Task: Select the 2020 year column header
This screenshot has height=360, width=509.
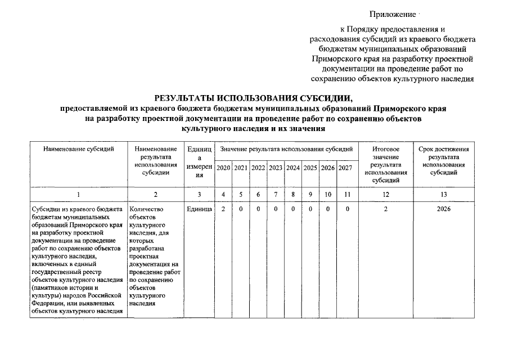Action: [223, 168]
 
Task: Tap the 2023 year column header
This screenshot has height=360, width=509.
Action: [276, 168]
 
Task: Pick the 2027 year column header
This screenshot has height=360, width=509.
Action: [345, 168]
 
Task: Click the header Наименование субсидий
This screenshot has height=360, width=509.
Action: [78, 149]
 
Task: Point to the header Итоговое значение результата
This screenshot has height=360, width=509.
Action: [385, 164]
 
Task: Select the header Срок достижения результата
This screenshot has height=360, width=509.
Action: [444, 160]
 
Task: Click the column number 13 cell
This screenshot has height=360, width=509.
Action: [444, 195]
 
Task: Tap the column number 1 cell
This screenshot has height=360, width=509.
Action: [78, 195]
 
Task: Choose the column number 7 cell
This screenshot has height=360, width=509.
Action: [276, 195]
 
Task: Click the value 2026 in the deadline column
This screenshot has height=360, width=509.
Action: [444, 210]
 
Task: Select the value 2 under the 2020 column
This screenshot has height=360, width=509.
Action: [223, 210]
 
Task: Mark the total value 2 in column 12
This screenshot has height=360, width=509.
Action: [385, 210]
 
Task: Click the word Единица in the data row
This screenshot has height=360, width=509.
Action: [199, 210]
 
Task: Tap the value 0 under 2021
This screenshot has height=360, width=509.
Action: [241, 210]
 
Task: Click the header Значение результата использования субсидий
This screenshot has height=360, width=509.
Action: [286, 149]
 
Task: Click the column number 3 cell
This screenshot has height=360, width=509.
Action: [199, 195]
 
